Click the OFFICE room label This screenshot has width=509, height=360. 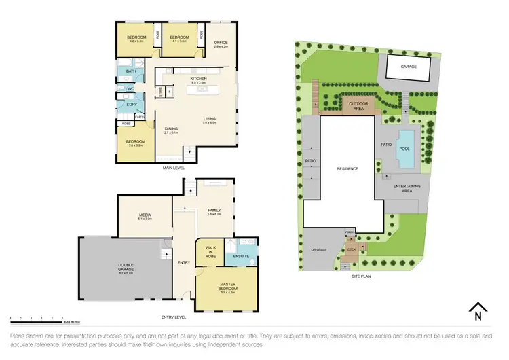[221, 43]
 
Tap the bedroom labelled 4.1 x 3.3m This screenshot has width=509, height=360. [178, 39]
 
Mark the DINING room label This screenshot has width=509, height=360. [170, 129]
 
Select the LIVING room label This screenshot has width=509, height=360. [208, 119]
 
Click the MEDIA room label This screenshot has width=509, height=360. [145, 215]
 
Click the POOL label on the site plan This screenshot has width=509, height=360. [405, 148]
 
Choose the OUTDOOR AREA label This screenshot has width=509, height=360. [352, 105]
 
